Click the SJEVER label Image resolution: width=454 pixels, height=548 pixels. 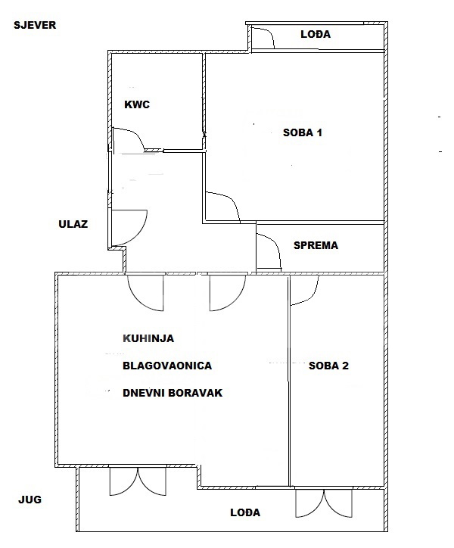[35, 25]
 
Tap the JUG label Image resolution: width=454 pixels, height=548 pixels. [30, 500]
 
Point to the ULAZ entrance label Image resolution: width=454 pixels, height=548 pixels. [73, 224]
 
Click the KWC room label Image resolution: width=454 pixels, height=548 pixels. [137, 104]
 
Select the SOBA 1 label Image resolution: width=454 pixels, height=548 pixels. [303, 132]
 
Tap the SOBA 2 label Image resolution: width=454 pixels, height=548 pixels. [328, 366]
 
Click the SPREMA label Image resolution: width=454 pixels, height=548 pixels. [316, 245]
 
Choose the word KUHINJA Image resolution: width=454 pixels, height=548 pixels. [148, 338]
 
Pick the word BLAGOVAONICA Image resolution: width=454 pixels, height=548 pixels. [167, 366]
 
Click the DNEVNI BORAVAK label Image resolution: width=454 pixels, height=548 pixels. [173, 393]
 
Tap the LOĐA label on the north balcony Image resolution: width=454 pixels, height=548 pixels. [316, 34]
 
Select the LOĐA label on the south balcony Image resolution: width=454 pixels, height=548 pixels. [245, 512]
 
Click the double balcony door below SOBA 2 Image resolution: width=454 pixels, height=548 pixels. [324, 503]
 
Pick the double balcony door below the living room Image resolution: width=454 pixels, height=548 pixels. [138, 481]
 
